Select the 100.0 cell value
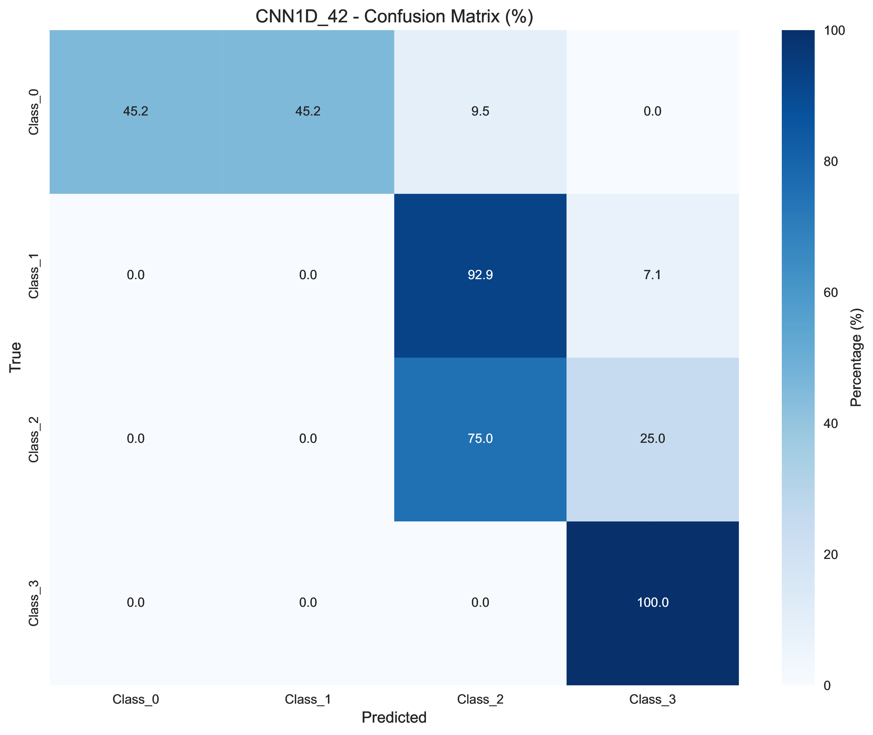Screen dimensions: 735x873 click(652, 602)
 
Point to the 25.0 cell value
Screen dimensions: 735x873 click(652, 439)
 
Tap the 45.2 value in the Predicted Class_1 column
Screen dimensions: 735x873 click(308, 111)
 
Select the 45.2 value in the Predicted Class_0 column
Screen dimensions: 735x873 click(136, 111)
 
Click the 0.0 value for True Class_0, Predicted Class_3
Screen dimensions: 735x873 click(652, 111)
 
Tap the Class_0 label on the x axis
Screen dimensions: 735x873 click(136, 699)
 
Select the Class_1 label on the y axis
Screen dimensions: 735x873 click(33, 275)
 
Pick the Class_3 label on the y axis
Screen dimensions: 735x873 click(33, 603)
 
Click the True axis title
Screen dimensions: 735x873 click(16, 357)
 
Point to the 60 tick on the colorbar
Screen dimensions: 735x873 click(830, 293)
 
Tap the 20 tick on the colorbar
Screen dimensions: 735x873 click(830, 555)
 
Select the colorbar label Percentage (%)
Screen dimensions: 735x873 click(857, 357)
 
